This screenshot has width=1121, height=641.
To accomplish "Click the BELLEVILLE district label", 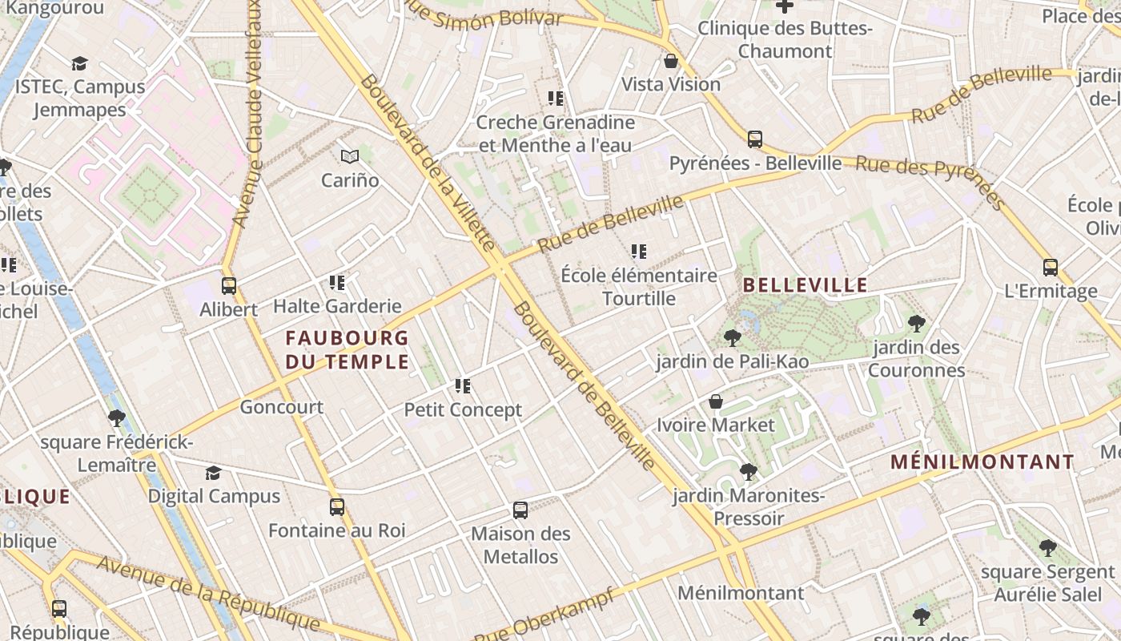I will click(x=805, y=285).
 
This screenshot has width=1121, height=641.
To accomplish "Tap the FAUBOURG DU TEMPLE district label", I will click(x=347, y=350).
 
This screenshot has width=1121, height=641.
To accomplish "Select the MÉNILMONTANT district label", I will click(x=982, y=462).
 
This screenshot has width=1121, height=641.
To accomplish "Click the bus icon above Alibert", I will click(x=229, y=285).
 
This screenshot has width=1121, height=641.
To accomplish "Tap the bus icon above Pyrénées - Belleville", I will click(x=755, y=139).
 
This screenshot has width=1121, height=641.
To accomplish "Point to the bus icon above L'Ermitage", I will click(x=1051, y=268).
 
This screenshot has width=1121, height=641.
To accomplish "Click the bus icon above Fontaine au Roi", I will click(x=337, y=506).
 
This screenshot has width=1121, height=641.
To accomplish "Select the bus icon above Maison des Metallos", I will click(x=520, y=510).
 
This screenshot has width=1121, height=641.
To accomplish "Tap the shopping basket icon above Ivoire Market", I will click(x=716, y=401).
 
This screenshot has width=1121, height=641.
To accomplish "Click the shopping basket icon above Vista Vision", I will click(x=671, y=61).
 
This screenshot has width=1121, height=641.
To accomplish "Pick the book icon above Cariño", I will click(x=350, y=156).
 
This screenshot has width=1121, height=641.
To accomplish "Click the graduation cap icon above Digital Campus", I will click(x=213, y=473).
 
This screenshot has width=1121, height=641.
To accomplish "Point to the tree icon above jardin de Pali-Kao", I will click(x=732, y=338).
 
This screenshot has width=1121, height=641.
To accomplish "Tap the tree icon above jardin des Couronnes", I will click(x=917, y=324).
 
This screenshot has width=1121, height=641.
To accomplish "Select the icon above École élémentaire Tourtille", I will click(x=639, y=252).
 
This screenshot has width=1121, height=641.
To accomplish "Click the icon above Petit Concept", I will click(x=463, y=386).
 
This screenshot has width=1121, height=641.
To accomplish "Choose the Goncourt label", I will click(x=282, y=407).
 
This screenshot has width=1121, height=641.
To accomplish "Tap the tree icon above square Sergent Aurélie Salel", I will click(x=1048, y=548).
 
